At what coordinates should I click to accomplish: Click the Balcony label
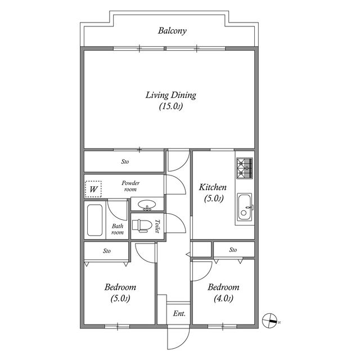pos(172,31)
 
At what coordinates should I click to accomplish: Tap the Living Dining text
pos(171,95)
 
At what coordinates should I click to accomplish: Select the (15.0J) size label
pos(171,106)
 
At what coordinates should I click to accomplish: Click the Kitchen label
pos(213,187)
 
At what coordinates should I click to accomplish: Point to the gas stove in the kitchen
pos(245,168)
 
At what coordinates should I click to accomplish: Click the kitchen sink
pos(245,208)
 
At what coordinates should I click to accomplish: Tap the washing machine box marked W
pos(93,189)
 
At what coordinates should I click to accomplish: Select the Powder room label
pos(130,186)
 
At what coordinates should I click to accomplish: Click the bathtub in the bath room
pos(95,220)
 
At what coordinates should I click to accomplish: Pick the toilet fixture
pos(142,226)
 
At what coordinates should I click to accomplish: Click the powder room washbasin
pos(147,205)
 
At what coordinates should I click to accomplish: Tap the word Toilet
pos(157,226)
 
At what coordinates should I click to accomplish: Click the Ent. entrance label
pos(179,313)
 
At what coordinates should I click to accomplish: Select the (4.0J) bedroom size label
pos(223,299)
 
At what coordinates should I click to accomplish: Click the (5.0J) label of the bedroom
pos(120,299)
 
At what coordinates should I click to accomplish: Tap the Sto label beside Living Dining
pos(125,161)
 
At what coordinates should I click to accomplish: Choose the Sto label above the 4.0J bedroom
pos(233,250)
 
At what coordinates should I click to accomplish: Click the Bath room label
pos(118,229)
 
